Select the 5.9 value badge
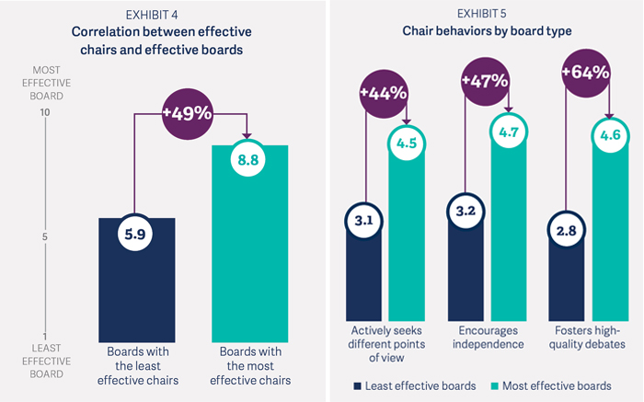tap(136, 235)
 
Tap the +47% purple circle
tap(485, 79)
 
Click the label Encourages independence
tap(485, 338)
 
